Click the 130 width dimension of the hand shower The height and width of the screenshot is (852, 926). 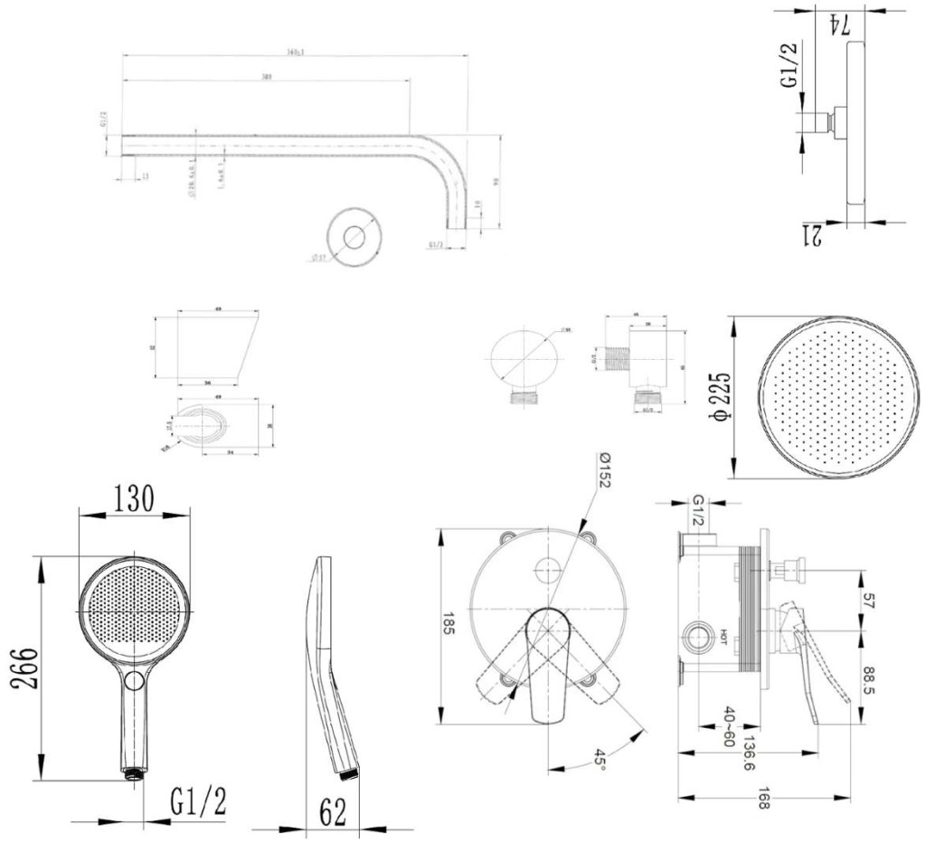click(134, 498)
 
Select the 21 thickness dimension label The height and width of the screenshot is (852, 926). click(811, 236)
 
